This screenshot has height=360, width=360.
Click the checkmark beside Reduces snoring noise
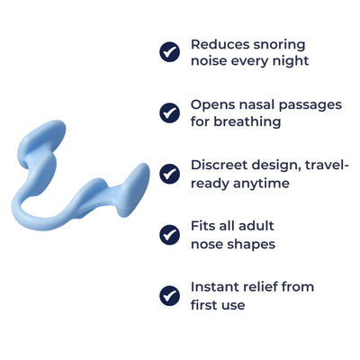tap(169, 52)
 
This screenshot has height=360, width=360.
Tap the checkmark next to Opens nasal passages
tap(169, 112)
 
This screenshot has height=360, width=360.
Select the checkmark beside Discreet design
tap(169, 174)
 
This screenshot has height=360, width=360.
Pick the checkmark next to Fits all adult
tap(169, 234)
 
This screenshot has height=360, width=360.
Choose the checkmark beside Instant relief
tap(169, 295)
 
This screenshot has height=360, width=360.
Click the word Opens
tap(211, 104)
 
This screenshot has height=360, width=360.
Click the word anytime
tap(261, 183)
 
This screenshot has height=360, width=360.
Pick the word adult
tap(254, 226)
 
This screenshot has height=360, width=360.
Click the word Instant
tap(217, 287)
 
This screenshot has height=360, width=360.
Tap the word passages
tap(311, 105)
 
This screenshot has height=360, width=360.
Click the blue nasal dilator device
tap(81, 189)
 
